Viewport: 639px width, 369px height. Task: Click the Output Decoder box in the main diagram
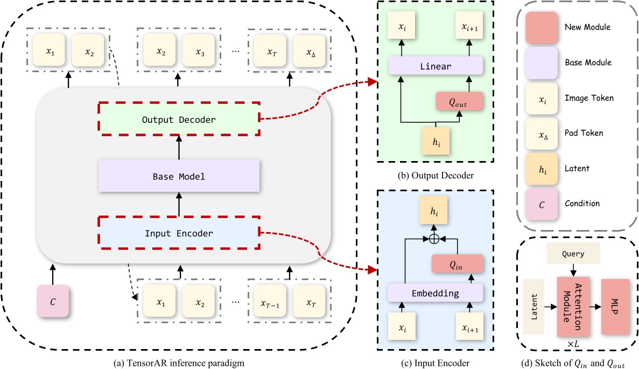179,119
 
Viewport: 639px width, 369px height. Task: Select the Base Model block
179,176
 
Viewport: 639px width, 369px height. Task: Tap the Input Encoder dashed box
179,233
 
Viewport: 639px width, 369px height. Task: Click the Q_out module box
459,101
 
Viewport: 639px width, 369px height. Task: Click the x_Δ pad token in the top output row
309,52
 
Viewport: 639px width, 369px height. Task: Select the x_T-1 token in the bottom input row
270,302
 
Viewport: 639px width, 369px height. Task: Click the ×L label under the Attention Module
573,343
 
